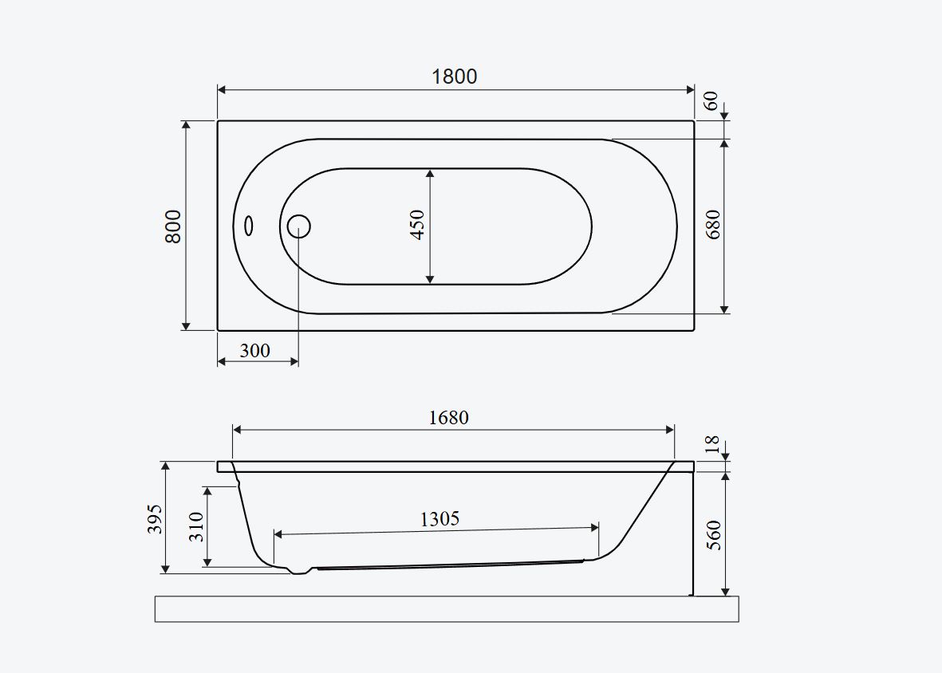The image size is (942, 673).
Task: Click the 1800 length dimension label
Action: (454, 77)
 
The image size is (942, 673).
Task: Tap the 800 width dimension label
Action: (173, 226)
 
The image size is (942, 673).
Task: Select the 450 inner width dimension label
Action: (417, 225)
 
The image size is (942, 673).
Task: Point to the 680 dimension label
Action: (713, 225)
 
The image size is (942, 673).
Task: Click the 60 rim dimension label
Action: (711, 100)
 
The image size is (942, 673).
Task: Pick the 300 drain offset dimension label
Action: (254, 351)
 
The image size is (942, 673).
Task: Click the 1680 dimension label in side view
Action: (449, 417)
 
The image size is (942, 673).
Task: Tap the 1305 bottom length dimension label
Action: (439, 519)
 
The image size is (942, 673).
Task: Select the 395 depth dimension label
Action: (155, 519)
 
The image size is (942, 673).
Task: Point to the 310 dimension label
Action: (196, 526)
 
